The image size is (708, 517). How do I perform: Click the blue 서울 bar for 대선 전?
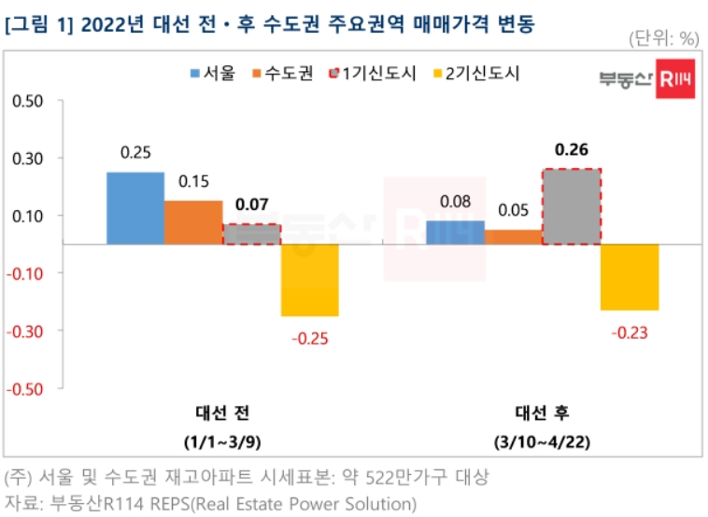[135, 208]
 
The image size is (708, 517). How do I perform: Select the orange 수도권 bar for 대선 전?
[193, 222]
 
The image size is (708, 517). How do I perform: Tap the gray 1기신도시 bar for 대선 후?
[571, 207]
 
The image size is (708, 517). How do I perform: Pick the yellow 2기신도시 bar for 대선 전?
[310, 280]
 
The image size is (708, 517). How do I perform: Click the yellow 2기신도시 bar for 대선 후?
[629, 277]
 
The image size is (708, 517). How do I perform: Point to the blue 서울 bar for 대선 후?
[455, 232]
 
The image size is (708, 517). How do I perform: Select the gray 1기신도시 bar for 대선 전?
[251, 234]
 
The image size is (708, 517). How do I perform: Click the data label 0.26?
[571, 149]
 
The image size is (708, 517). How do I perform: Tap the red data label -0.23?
[629, 332]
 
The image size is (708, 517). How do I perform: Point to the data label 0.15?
[193, 181]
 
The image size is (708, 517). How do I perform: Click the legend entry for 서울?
[212, 73]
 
